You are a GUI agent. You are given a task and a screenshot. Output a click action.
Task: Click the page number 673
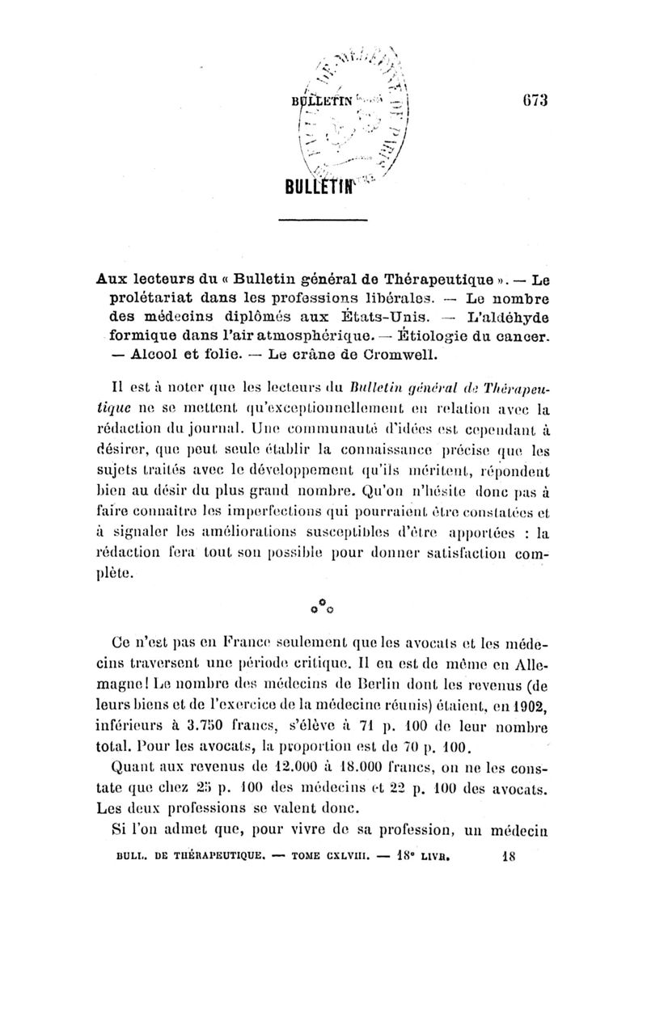point(532,101)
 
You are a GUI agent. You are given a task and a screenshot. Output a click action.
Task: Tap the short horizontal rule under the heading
point(323,221)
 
